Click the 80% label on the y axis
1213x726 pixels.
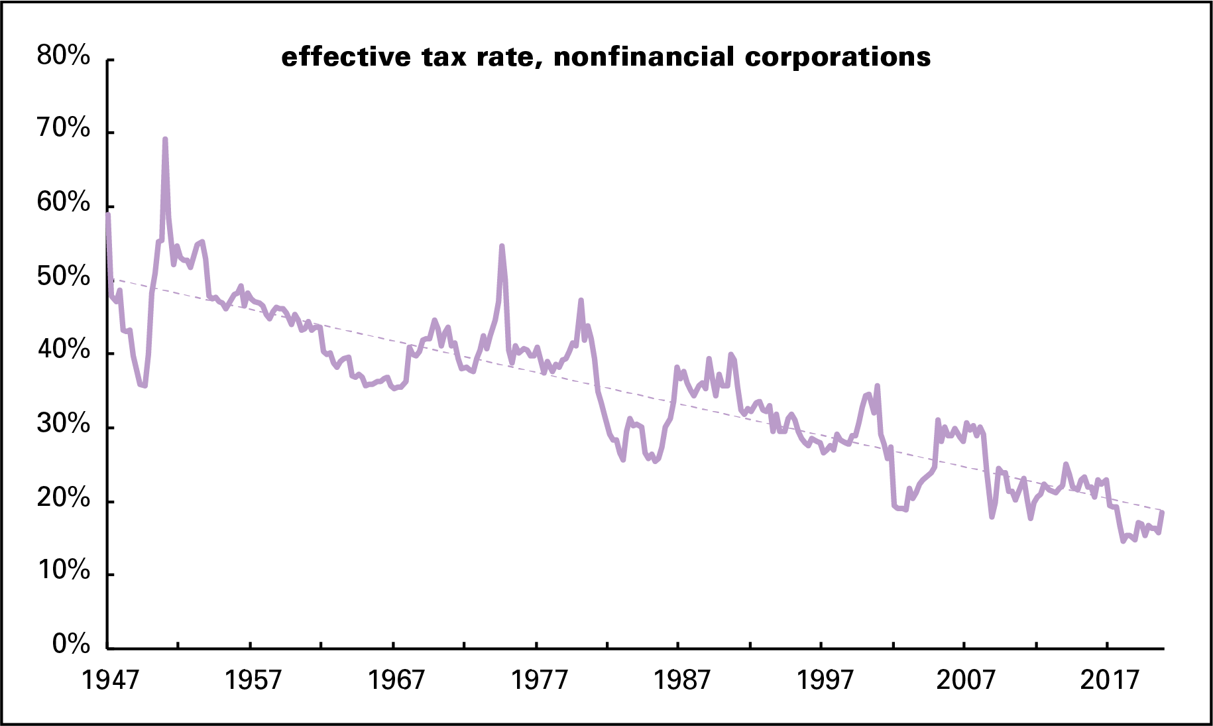point(63,56)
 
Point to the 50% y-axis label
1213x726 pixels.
point(63,276)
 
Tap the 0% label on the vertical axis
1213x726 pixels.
point(71,643)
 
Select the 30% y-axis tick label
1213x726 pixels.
point(63,424)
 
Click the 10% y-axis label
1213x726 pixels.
point(63,570)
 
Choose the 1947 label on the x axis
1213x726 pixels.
point(110,680)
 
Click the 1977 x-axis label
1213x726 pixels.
point(539,680)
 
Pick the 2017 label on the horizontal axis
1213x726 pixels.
point(1110,680)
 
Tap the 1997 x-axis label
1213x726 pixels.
point(825,680)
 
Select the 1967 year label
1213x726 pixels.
point(396,680)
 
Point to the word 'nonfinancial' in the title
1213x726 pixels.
point(644,57)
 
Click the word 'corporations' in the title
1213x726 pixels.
point(838,57)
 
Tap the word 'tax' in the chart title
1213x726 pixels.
point(445,57)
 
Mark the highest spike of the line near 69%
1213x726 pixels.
point(165,139)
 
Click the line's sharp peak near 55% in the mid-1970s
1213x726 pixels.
point(502,246)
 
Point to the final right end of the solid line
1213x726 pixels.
point(1163,512)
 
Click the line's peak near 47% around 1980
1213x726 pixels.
point(581,300)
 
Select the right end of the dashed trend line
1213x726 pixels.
point(1163,510)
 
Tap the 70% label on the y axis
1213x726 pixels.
point(63,128)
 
